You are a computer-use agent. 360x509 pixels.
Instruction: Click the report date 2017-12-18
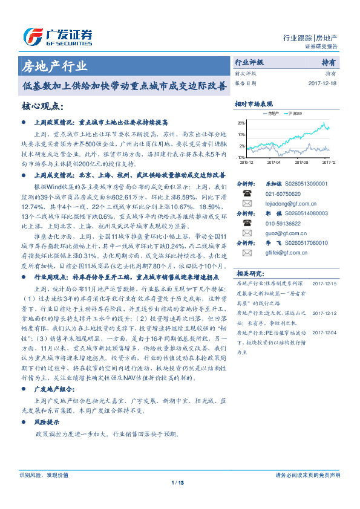322,83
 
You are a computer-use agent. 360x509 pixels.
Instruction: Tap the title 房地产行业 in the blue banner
54,66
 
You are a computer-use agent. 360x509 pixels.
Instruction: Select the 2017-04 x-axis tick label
273,162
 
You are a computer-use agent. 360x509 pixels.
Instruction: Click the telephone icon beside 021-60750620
247,193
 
